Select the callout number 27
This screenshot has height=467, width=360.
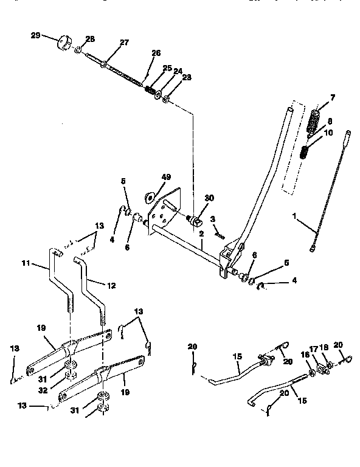(x=124, y=43)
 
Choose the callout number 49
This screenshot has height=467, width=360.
(x=167, y=177)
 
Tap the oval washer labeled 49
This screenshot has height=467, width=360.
(x=148, y=196)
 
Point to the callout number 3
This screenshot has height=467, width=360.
(x=212, y=218)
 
